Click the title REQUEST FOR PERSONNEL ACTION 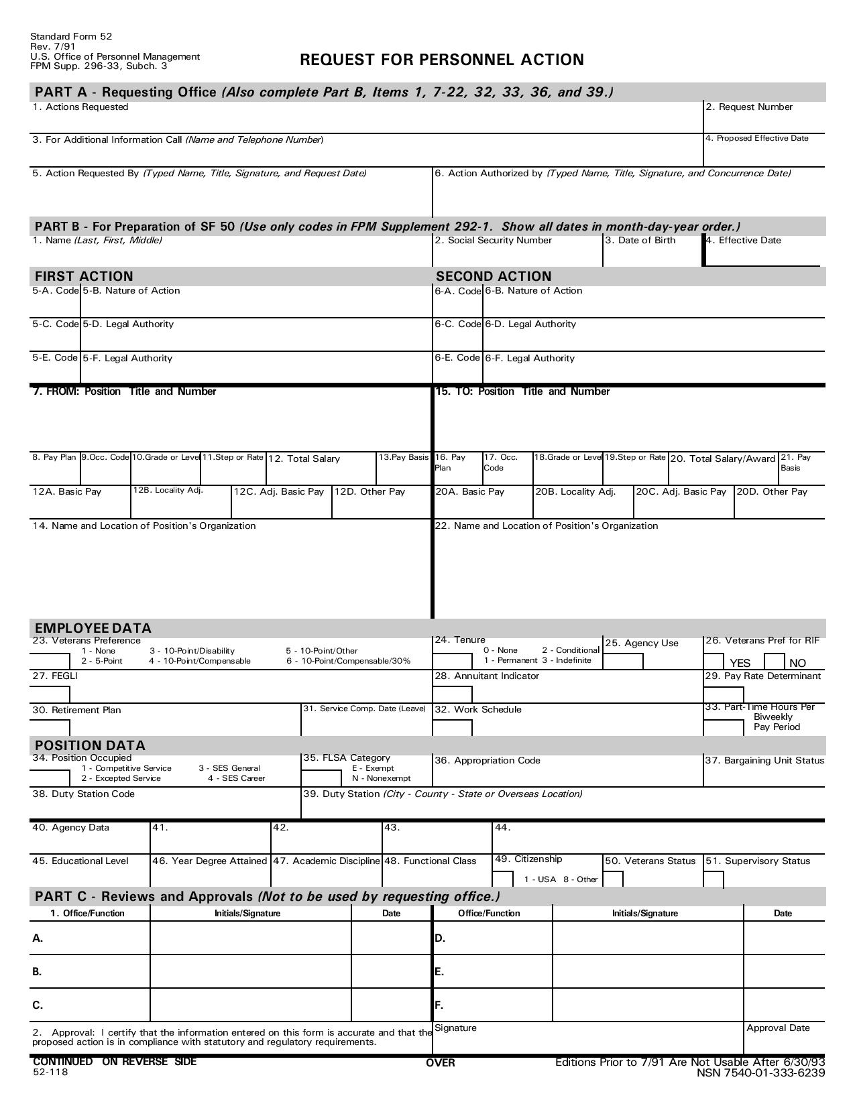441,60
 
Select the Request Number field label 748,107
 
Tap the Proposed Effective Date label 757,139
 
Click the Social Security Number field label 493,241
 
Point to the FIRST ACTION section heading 84,276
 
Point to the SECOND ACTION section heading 494,276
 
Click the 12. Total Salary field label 304,459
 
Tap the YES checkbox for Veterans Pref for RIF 714,662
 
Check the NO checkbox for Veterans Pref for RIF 774,662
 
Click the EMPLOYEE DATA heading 93,628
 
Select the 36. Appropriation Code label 487,761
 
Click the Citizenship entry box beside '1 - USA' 503,879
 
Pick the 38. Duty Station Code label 83,794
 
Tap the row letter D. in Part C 440,938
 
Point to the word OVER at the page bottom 440,1063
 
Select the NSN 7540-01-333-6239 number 760,1073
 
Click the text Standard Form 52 71,37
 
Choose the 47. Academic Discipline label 327,861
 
